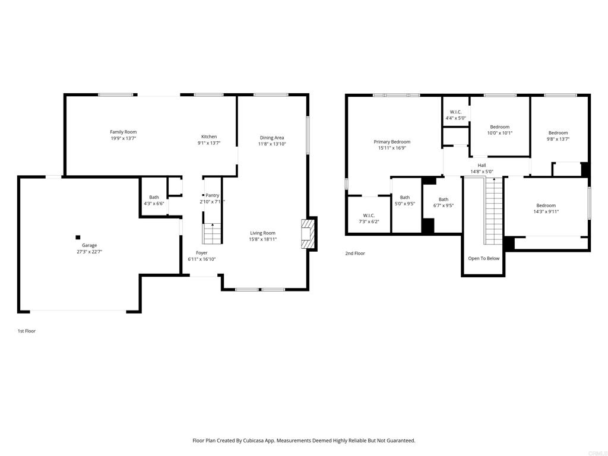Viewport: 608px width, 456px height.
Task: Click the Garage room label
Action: click(89, 248)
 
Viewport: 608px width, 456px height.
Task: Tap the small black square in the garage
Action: click(78, 237)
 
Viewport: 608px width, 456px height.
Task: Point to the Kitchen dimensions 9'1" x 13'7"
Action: click(209, 142)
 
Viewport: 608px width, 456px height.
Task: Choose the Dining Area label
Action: click(272, 138)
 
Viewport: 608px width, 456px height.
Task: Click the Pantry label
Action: click(213, 195)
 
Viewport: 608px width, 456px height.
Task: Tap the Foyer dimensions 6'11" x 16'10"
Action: click(202, 259)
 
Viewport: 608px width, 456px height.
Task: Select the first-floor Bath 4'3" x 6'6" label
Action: click(154, 200)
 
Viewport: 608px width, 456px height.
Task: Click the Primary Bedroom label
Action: click(392, 142)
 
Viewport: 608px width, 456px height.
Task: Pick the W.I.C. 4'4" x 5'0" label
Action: click(455, 115)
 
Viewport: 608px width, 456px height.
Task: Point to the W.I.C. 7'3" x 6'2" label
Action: click(369, 218)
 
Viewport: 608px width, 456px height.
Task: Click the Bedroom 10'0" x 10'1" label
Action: click(500, 130)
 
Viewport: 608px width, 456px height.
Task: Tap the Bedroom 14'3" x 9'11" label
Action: click(546, 208)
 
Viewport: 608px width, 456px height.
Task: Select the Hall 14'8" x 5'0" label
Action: click(482, 168)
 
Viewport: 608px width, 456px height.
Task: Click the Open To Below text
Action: click(484, 258)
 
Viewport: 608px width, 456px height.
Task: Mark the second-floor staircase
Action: click(493, 211)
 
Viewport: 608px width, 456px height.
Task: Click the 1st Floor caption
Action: click(26, 331)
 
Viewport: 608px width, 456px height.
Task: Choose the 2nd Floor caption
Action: click(355, 253)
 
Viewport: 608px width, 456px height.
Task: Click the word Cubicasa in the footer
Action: click(254, 441)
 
